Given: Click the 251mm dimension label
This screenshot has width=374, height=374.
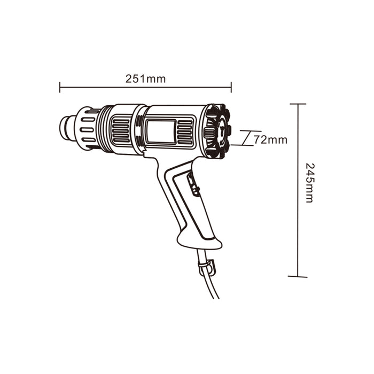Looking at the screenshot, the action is pyautogui.click(x=145, y=79).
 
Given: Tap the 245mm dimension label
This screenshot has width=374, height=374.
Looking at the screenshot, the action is pyautogui.click(x=310, y=183).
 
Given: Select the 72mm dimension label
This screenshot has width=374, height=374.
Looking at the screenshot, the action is pyautogui.click(x=270, y=140).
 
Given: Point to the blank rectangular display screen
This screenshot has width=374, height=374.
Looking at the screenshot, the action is pyautogui.click(x=161, y=131).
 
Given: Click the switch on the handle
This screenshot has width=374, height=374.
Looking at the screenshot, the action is pyautogui.click(x=193, y=184).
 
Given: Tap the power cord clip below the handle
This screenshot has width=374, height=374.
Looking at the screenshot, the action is pyautogui.click(x=207, y=267).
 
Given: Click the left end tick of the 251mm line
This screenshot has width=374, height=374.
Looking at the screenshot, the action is pyautogui.click(x=60, y=87).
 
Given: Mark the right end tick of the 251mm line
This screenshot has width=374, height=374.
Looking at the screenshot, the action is pyautogui.click(x=231, y=87).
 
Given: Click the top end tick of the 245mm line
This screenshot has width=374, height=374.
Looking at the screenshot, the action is pyautogui.click(x=298, y=104).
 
